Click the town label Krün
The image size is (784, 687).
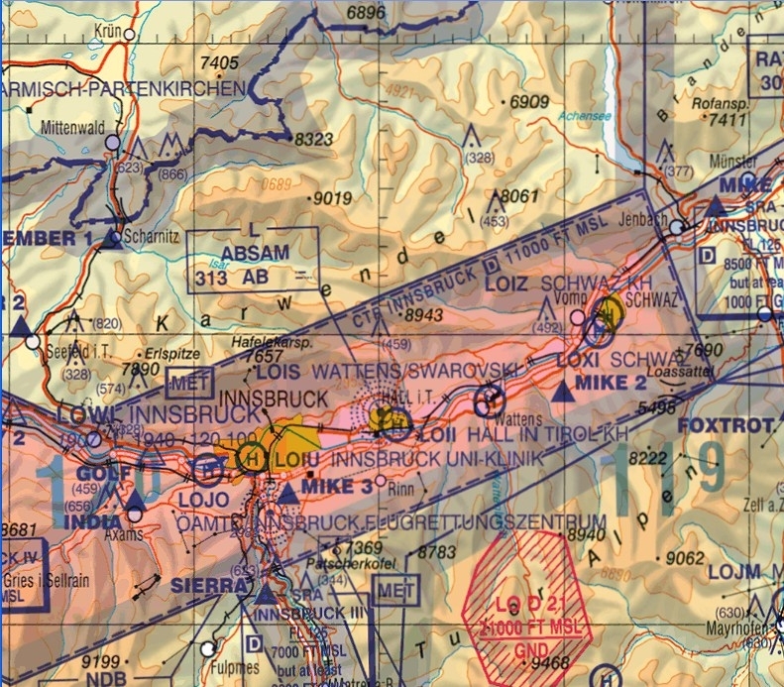pos(107,32)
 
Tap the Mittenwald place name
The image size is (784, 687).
pos(71,128)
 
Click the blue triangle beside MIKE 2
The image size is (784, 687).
pos(564,392)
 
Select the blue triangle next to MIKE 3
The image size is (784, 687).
pos(286,493)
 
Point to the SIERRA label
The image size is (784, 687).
pos(206,586)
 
